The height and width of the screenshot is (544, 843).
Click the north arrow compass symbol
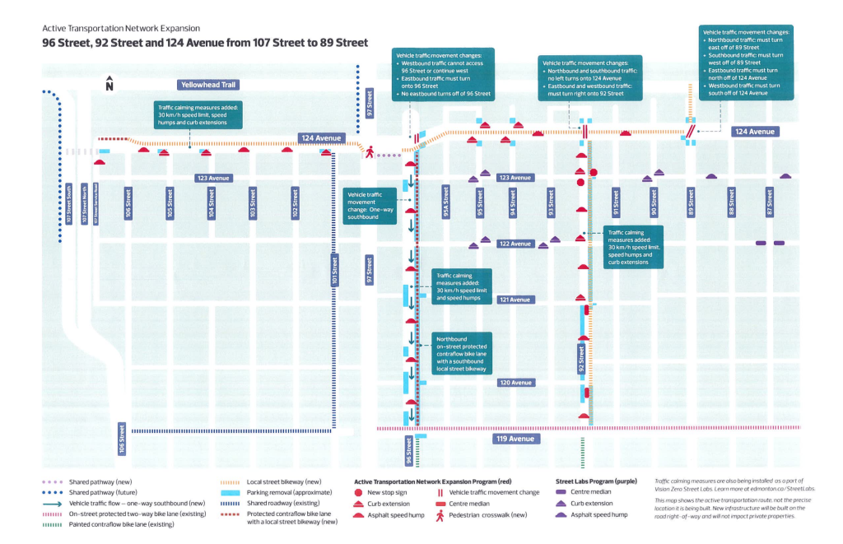pos(109,84)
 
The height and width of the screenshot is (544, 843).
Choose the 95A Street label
pos(445,202)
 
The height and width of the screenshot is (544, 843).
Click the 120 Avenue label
pos(516,383)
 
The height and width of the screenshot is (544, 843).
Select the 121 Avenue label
pos(516,300)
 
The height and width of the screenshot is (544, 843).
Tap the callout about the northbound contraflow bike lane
pos(463,352)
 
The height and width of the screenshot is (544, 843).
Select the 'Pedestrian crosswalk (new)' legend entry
pos(478,514)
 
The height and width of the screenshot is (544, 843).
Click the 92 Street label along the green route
pos(581,356)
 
